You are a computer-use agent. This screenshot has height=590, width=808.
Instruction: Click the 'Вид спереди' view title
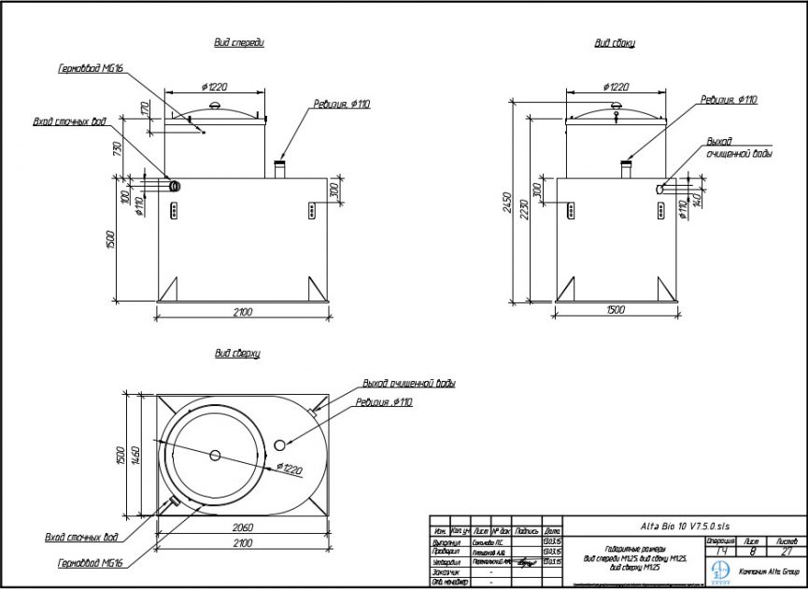(x=239, y=43)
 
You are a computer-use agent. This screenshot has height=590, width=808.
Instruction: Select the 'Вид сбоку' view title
(x=616, y=43)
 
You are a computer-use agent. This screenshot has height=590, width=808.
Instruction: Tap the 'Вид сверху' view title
(x=237, y=354)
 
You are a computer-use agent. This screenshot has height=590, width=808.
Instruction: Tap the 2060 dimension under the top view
(x=241, y=525)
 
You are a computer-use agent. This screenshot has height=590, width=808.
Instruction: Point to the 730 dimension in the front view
(x=118, y=149)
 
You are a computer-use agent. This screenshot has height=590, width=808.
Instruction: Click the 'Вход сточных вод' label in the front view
(x=69, y=121)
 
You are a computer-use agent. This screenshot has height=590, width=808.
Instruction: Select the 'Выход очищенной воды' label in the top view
(x=409, y=383)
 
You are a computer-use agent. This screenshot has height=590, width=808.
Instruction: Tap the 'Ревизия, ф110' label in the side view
(x=729, y=99)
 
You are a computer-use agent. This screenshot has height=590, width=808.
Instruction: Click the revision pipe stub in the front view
(x=279, y=169)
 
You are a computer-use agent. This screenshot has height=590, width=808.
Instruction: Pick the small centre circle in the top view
(x=216, y=456)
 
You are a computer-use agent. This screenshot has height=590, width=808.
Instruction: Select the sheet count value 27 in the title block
(x=785, y=552)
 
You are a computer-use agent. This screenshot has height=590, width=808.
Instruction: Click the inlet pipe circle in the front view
(x=174, y=187)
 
